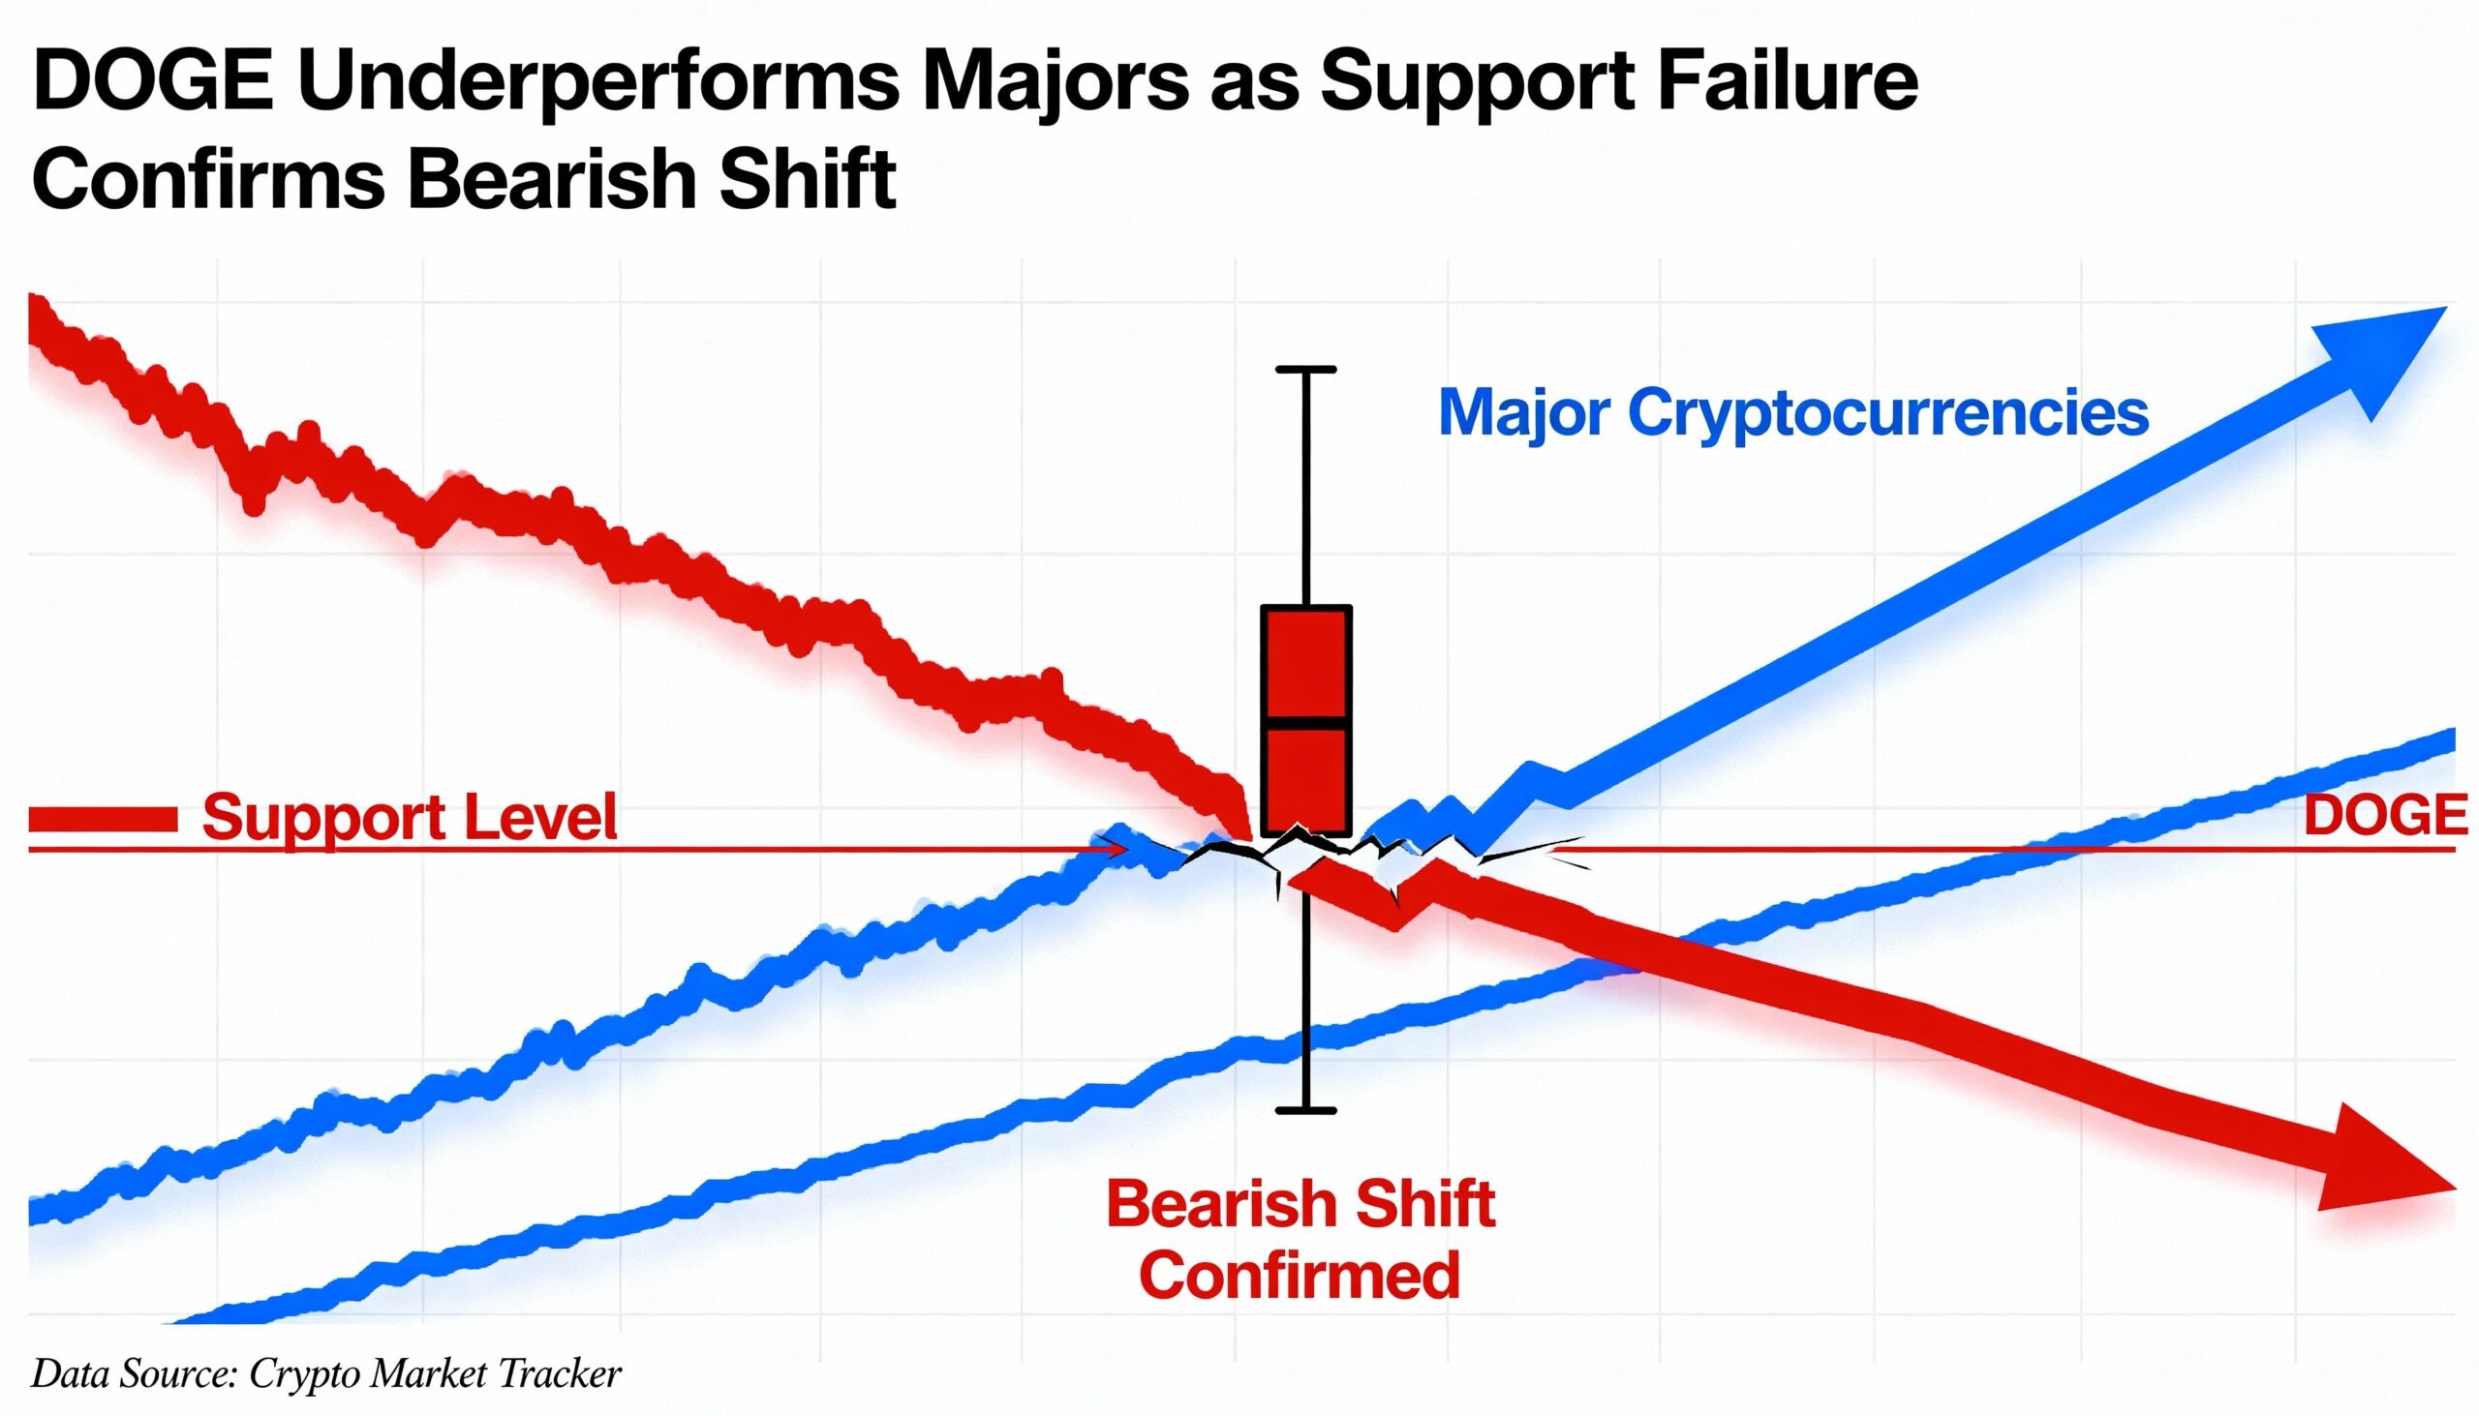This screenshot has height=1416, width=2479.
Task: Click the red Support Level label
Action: point(409,817)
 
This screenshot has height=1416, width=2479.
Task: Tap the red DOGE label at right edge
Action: point(2386,815)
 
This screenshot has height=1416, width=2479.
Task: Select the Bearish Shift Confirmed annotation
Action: point(1300,1239)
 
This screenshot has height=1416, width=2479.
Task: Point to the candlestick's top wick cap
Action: point(1305,370)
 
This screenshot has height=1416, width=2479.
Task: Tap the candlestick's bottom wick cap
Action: point(1305,1109)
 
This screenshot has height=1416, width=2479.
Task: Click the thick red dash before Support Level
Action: point(103,820)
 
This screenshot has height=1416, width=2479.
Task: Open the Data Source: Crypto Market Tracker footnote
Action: point(326,1374)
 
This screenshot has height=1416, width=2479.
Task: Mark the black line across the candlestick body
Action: point(1305,723)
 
